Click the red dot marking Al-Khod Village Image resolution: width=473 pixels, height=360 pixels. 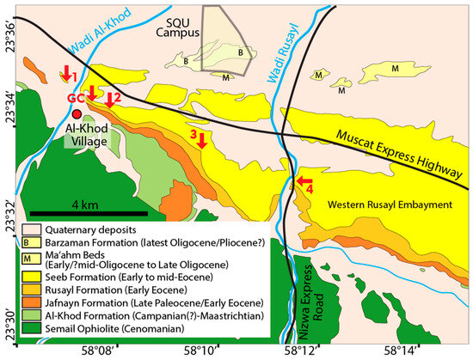pyautogui.click(x=77, y=114)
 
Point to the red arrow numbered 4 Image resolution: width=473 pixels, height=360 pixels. pyautogui.click(x=302, y=181)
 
